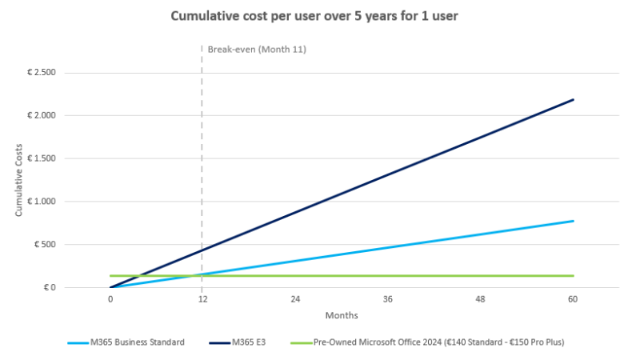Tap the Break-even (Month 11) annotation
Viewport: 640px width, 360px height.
click(257, 50)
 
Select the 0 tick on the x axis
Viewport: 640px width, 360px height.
click(110, 299)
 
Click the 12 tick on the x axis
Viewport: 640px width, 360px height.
click(202, 299)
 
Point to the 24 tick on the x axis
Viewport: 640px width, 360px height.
click(295, 299)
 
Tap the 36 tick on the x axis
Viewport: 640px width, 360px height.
click(388, 299)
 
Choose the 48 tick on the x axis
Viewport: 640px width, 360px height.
click(480, 299)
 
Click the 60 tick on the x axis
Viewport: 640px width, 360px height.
click(573, 299)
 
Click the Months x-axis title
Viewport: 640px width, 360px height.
click(342, 315)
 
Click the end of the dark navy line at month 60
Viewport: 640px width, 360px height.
click(573, 100)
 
